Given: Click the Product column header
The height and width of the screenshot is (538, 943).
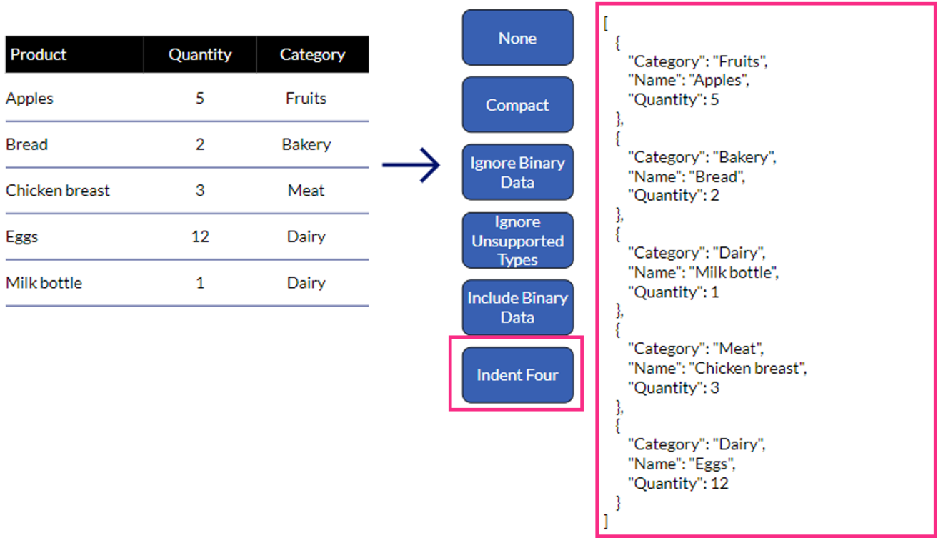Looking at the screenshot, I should click(39, 55).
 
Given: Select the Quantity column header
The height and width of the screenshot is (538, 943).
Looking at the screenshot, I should click(200, 55).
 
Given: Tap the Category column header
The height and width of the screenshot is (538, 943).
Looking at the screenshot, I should click(312, 55).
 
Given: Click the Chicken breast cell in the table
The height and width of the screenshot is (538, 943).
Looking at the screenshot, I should click(58, 191).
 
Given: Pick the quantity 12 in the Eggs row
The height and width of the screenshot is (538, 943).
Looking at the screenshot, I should click(200, 236).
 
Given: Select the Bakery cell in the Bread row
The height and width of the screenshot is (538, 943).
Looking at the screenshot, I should click(306, 144).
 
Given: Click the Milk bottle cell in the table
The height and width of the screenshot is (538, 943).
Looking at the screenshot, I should click(44, 283).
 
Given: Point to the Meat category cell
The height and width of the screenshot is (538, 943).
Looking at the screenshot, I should click(306, 191).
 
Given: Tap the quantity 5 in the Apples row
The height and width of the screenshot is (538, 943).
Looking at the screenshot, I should click(200, 99).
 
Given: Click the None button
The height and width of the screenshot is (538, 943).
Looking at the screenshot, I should click(517, 38).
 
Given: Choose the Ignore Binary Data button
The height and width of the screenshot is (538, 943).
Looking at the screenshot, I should click(517, 172).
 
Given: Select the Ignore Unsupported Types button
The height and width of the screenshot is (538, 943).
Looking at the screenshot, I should click(517, 240).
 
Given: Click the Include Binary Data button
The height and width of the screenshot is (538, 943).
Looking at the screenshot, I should click(517, 307).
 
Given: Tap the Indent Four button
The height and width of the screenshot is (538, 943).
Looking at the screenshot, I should click(517, 375).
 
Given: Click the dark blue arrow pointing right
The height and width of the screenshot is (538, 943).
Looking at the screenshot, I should click(411, 166).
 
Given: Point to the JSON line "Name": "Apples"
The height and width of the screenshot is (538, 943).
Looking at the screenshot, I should click(688, 80).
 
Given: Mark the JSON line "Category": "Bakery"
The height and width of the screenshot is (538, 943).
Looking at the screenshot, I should click(702, 157).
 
